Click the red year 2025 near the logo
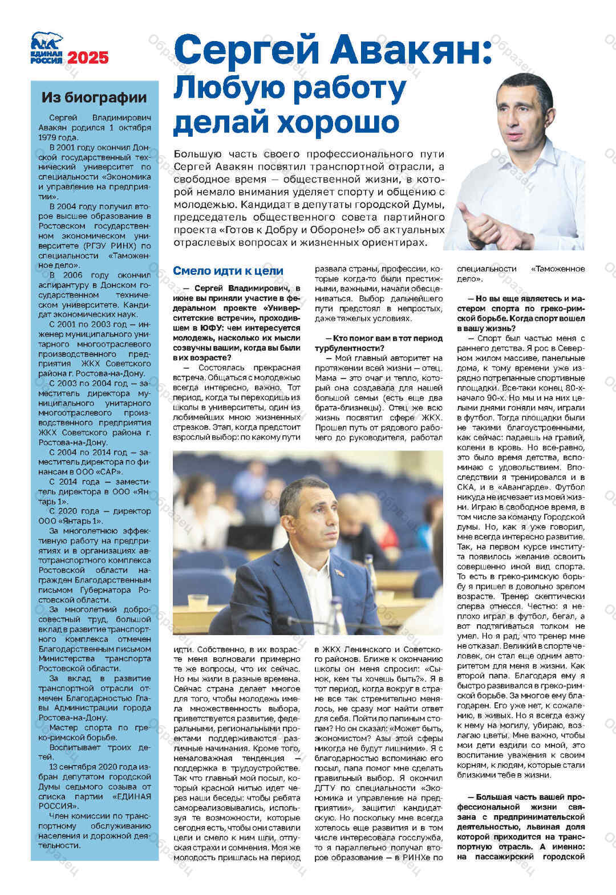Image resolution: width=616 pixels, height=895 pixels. [88, 58]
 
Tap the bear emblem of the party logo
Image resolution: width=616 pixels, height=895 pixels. [47, 41]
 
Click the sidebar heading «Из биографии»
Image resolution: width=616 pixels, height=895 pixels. [94, 97]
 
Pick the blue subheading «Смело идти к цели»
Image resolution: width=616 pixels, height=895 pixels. [228, 271]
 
